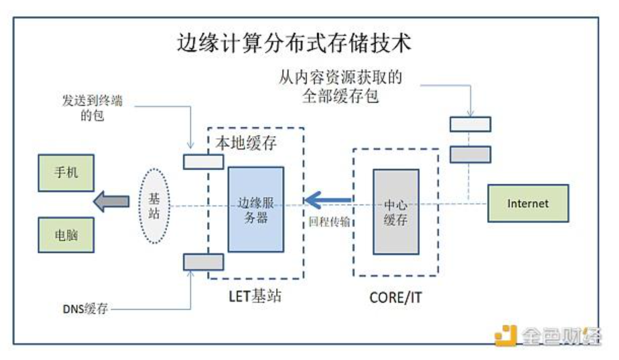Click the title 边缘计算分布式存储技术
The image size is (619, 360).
[294, 44]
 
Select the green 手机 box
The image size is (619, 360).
[66, 172]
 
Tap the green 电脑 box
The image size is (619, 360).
[66, 235]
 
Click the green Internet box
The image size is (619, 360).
[528, 203]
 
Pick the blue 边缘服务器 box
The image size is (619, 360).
[256, 209]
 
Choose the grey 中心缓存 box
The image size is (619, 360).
[396, 211]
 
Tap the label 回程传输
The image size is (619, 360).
[329, 221]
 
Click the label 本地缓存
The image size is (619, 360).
[246, 143]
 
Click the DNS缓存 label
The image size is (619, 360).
[85, 309]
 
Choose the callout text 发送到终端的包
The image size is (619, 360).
[91, 108]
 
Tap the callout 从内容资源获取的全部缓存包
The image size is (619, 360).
[340, 87]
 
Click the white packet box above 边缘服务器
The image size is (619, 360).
[203, 162]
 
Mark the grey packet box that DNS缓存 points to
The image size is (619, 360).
[203, 261]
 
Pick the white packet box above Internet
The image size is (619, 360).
[470, 124]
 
